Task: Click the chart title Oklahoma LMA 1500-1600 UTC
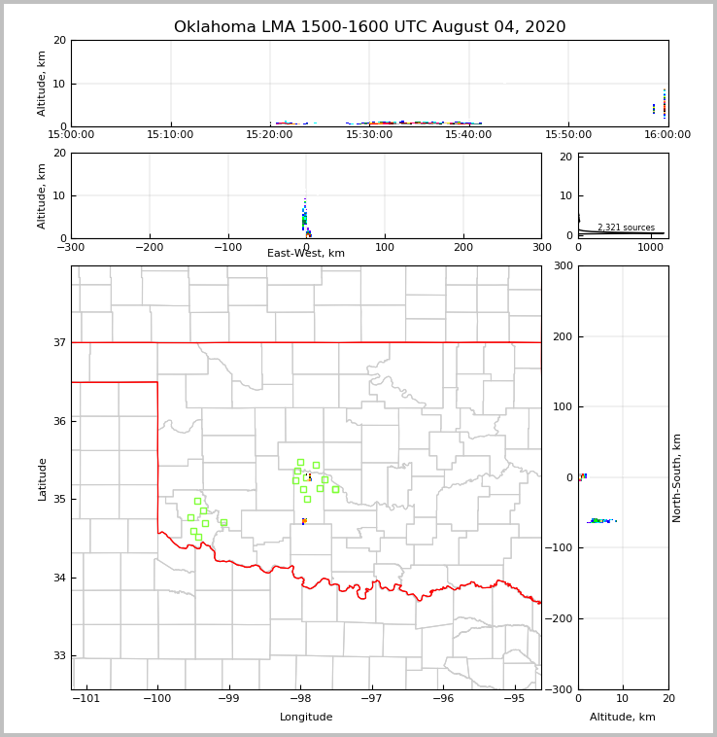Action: [369, 27]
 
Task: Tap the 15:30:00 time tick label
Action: [369, 135]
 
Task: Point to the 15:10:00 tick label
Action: [171, 135]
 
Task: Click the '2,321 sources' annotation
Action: [626, 228]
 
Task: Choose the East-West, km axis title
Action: [306, 254]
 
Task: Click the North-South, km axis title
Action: [677, 477]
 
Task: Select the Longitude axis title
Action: [306, 718]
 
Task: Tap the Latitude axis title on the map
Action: [42, 478]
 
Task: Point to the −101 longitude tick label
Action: [87, 698]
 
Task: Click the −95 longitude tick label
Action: [515, 698]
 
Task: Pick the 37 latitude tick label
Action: [58, 342]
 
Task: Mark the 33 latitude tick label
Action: [58, 656]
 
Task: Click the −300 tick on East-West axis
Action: [71, 247]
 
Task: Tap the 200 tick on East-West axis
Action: [463, 247]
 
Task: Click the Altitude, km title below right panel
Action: [623, 718]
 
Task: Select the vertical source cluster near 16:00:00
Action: [665, 104]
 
